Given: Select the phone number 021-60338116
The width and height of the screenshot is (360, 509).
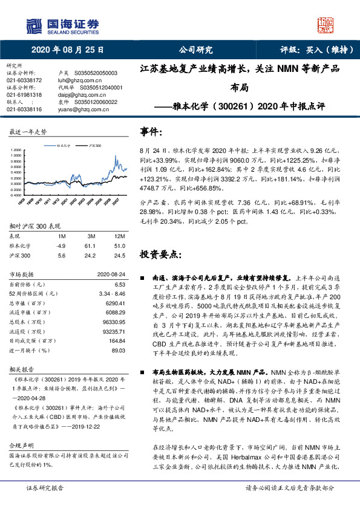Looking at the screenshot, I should pos(24,109).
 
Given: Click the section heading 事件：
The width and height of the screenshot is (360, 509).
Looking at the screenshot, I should pos(151,132).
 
